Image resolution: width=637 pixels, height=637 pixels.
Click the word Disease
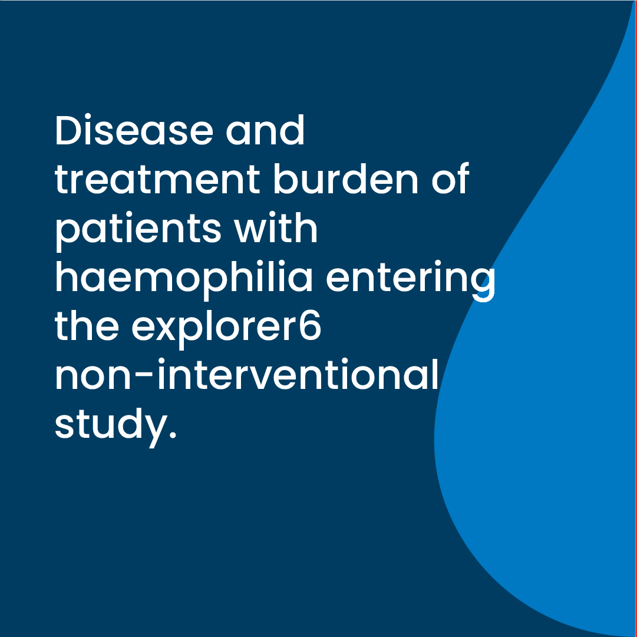tap(134, 130)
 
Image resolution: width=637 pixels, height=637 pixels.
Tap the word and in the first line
tap(265, 130)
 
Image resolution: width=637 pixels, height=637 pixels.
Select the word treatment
tap(157, 179)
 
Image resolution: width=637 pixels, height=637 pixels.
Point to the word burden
tap(346, 179)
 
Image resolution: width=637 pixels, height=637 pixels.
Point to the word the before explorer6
tap(87, 325)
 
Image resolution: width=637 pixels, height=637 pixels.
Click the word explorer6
tap(226, 328)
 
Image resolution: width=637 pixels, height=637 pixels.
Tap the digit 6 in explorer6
tap(310, 325)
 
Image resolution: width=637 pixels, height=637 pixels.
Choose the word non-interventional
tap(246, 374)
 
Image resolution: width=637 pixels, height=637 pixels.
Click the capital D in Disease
tap(68, 130)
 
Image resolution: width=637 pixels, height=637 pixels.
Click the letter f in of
tap(463, 178)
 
